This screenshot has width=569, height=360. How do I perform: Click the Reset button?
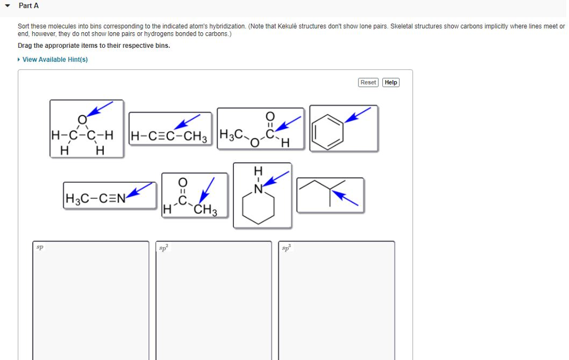coord(368,82)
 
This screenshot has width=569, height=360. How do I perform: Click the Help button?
coord(391,82)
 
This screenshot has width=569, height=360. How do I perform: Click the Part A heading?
coord(29,6)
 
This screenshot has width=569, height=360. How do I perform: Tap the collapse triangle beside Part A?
coord(7,6)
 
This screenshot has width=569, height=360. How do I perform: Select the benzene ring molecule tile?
coord(343,128)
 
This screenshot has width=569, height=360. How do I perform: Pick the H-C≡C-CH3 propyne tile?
coord(169,131)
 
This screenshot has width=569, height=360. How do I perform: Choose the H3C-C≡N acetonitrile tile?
coord(109,195)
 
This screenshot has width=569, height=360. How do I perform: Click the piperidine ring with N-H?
coord(262,195)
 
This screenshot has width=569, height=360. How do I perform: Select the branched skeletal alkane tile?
coord(330,194)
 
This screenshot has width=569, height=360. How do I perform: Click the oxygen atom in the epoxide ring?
coord(82,119)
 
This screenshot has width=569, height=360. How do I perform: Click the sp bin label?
coord(40,247)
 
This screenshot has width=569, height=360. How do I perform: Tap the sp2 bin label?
coord(163,247)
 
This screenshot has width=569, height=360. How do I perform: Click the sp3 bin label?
coord(286,247)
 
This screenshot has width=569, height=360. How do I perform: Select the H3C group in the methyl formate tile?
coord(231,134)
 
